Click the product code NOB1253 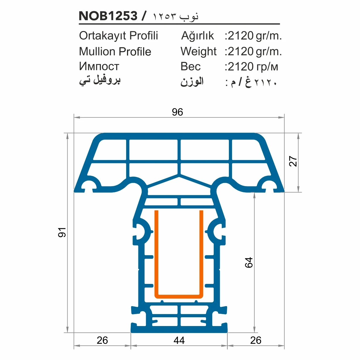pos(108,16)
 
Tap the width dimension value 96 pos(177,112)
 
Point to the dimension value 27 pos(293,161)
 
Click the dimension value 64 pos(249,263)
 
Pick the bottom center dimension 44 pos(179,340)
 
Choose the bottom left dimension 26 pos(102,340)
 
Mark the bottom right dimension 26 pos(256,340)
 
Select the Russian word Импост pos(99,66)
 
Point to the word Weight pos(198,52)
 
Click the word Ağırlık pos(198,36)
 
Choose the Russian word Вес pos(191,67)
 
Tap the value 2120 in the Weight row pos(240,52)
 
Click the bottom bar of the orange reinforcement pos(179,296)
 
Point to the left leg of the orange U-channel pos(157,252)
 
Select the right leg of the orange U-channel pos(201,252)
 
